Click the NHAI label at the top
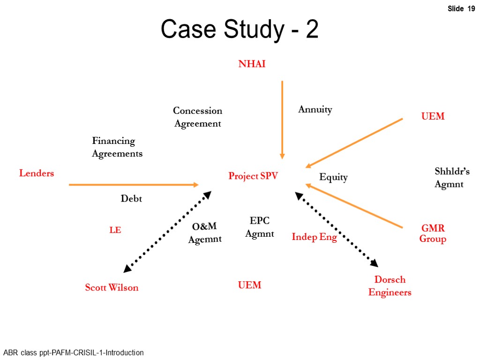pyautogui.click(x=252, y=64)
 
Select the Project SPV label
pyautogui.click(x=253, y=176)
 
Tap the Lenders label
pyautogui.click(x=37, y=173)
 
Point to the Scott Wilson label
pyautogui.click(x=112, y=287)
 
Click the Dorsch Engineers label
pyautogui.click(x=390, y=286)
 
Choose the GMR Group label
pyautogui.click(x=433, y=233)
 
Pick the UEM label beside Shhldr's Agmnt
pyautogui.click(x=433, y=116)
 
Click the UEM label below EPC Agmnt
pyautogui.click(x=249, y=285)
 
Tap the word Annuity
pyautogui.click(x=315, y=110)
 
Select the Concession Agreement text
pyautogui.click(x=197, y=117)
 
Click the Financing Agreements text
pyautogui.click(x=117, y=147)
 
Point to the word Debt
pyautogui.click(x=131, y=199)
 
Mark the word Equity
pyautogui.click(x=333, y=177)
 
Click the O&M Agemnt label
pyautogui.click(x=205, y=232)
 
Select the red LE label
pyautogui.click(x=115, y=230)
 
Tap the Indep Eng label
pyautogui.click(x=314, y=237)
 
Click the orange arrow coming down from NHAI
pyautogui.click(x=282, y=120)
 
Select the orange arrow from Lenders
pyautogui.click(x=134, y=185)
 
